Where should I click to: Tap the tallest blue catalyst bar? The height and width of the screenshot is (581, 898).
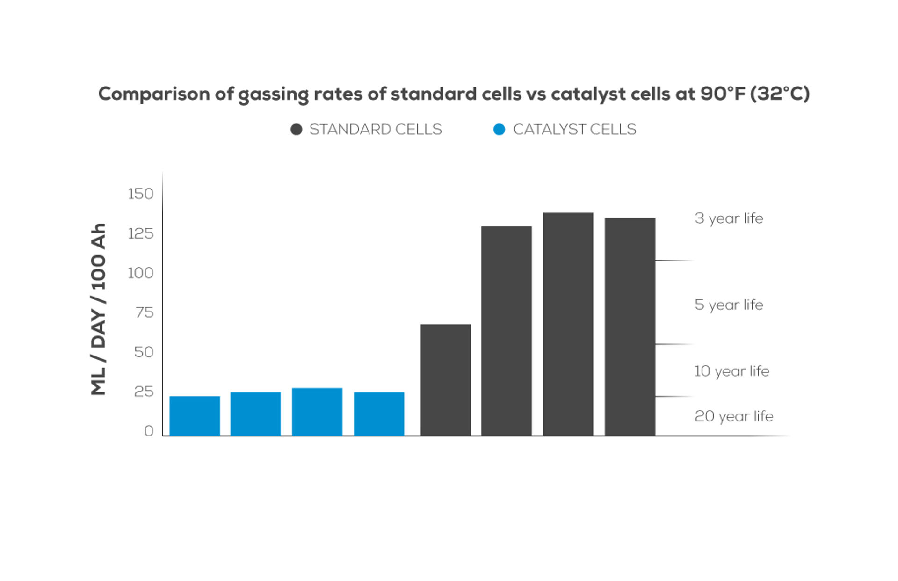pyautogui.click(x=317, y=412)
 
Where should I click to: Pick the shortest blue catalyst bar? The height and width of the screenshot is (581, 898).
pyautogui.click(x=195, y=416)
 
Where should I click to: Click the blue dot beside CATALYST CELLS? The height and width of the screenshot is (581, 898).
pyautogui.click(x=499, y=130)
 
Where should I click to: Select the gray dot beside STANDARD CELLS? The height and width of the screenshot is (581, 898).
pyautogui.click(x=296, y=130)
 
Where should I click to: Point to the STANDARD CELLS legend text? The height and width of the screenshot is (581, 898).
pyautogui.click(x=376, y=129)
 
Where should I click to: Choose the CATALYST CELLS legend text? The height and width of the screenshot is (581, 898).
pyautogui.click(x=574, y=129)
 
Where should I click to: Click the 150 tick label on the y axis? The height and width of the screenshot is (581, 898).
pyautogui.click(x=140, y=194)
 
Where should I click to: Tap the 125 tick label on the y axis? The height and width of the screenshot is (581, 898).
pyautogui.click(x=140, y=233)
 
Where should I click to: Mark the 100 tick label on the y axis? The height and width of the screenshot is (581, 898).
pyautogui.click(x=140, y=273)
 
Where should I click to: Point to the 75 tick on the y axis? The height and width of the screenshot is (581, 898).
pyautogui.click(x=144, y=312)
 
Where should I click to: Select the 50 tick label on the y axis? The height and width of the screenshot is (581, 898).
pyautogui.click(x=144, y=352)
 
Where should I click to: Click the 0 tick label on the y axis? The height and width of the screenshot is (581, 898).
pyautogui.click(x=149, y=431)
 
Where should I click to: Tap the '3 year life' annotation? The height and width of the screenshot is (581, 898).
pyautogui.click(x=729, y=218)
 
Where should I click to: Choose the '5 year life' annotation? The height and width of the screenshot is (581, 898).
pyautogui.click(x=729, y=305)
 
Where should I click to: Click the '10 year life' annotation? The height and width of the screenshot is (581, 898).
pyautogui.click(x=731, y=371)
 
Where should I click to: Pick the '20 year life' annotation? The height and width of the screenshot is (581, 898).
pyautogui.click(x=733, y=416)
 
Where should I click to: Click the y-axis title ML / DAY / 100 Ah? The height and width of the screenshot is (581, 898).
pyautogui.click(x=98, y=309)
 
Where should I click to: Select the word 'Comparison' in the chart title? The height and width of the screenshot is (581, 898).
pyautogui.click(x=154, y=94)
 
